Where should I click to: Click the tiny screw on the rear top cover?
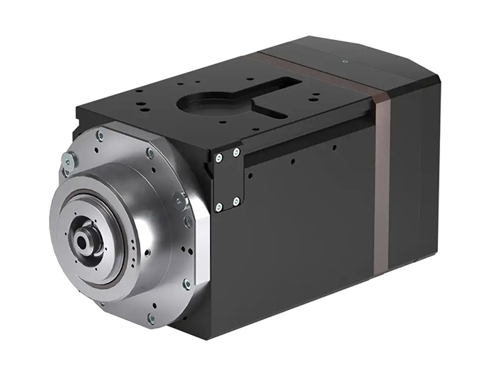[x=345, y=62]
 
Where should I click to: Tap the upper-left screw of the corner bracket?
[x=219, y=158]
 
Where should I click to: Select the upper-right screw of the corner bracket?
[x=236, y=152]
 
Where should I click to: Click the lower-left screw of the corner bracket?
[x=219, y=206]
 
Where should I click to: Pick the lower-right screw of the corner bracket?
[x=236, y=201]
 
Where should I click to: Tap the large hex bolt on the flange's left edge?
[x=68, y=160]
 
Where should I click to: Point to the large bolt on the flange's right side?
[x=180, y=201]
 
